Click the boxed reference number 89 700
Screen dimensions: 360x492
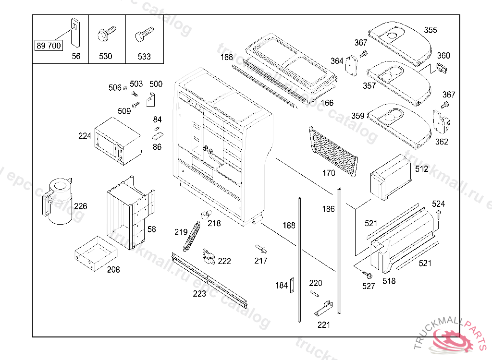49,46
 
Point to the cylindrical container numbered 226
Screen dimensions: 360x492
58,201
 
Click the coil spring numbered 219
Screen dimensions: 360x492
192,235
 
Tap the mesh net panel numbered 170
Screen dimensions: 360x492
334,152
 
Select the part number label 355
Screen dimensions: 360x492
430,30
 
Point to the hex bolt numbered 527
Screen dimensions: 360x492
367,275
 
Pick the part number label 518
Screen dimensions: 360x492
389,281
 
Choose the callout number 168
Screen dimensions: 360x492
226,57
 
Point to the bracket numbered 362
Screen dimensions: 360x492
440,123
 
